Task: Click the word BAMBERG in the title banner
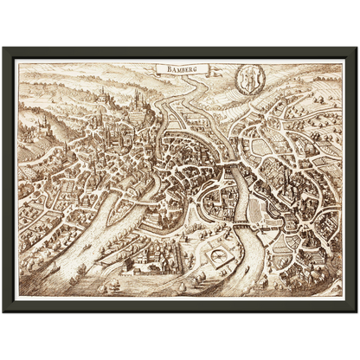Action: [177, 67]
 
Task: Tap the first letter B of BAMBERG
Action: [161, 67]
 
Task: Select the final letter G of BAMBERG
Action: [194, 67]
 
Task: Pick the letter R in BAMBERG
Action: [189, 67]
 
